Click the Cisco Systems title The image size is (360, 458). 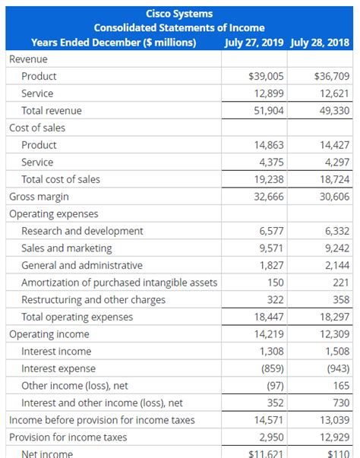[x=179, y=14]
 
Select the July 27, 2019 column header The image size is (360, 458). [x=255, y=42]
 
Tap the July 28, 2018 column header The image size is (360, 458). [x=321, y=42]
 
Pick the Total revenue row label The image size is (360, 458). [x=52, y=110]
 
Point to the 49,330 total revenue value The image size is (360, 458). [x=331, y=110]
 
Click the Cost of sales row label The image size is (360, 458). [x=37, y=128]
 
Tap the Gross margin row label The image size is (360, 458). [x=37, y=196]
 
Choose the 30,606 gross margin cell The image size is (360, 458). [x=331, y=196]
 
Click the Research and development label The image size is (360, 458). [x=82, y=230]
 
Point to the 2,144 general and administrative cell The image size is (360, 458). [x=334, y=265]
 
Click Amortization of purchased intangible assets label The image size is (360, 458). [x=119, y=283]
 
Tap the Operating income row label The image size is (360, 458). [x=49, y=334]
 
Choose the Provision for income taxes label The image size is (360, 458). [x=68, y=437]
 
